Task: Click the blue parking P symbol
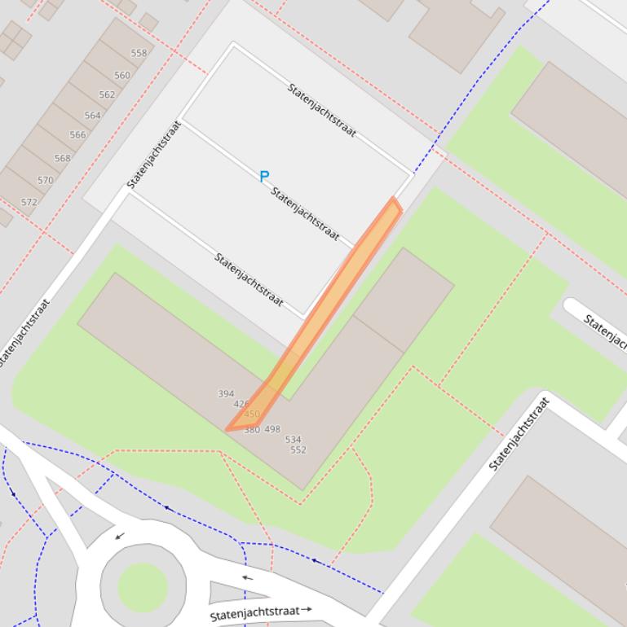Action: pos(264,176)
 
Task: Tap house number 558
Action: pos(139,54)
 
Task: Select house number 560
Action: pos(122,75)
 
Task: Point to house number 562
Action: pos(107,94)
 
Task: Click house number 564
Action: pos(92,116)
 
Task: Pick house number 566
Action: pos(77,135)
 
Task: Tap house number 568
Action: pos(62,159)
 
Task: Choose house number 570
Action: pos(46,181)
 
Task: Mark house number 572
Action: pos(29,202)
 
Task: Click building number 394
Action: pos(226,394)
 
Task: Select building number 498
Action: pos(272,429)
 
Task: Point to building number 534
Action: pos(293,440)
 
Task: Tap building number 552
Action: pos(298,449)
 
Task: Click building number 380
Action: pos(251,429)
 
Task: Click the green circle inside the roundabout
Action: pos(143,586)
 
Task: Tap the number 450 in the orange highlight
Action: pos(252,414)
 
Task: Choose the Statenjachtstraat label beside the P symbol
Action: pos(304,214)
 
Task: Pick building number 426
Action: pos(241,404)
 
